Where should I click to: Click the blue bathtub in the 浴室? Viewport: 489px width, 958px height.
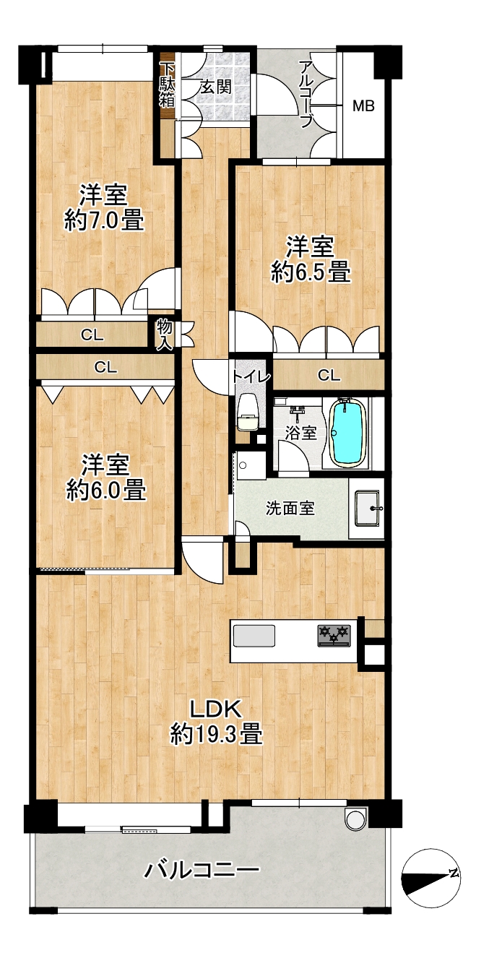coord(347,432)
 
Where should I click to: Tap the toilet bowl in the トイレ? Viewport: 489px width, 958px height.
coord(248,412)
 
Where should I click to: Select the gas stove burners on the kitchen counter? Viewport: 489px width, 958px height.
coord(334,635)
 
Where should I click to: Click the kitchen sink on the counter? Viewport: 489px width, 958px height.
coord(254,636)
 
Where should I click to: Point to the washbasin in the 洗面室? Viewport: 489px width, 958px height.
coord(368,508)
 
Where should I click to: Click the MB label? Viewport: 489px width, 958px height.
coord(363,105)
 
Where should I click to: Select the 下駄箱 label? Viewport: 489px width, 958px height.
coord(167,85)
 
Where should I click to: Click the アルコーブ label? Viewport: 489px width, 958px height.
coord(306,94)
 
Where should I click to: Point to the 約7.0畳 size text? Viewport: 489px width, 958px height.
coord(104,222)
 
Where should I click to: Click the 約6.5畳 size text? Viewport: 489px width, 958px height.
coord(311,272)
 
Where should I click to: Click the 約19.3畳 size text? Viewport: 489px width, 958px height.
coord(216,735)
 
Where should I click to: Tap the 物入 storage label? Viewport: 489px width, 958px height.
coord(164,335)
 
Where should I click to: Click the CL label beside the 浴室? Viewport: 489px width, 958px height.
coord(329,375)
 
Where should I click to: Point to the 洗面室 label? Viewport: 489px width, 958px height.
coord(290,508)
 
